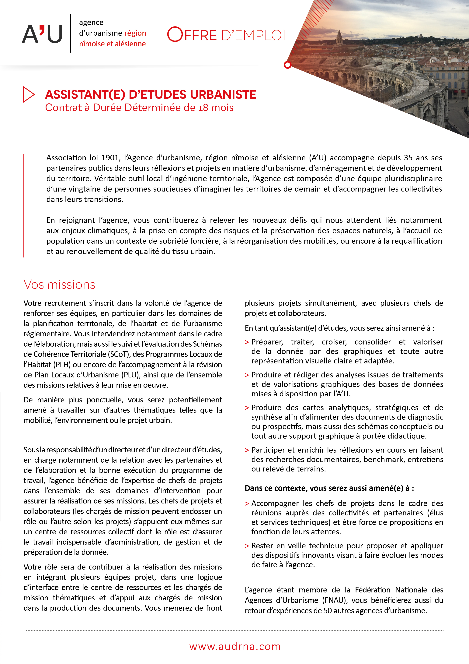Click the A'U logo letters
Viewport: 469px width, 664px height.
pyautogui.click(x=42, y=34)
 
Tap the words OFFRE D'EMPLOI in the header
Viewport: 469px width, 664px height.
pyautogui.click(x=226, y=35)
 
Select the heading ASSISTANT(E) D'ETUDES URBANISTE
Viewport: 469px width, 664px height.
pyautogui.click(x=151, y=95)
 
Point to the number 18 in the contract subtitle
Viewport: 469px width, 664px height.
pyautogui.click(x=203, y=108)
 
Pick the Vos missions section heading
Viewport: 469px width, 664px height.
pyautogui.click(x=59, y=284)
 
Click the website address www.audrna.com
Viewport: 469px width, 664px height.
pyautogui.click(x=235, y=646)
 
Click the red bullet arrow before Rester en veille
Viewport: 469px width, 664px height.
pyautogui.click(x=247, y=546)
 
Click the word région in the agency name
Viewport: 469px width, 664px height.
pyautogui.click(x=135, y=33)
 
